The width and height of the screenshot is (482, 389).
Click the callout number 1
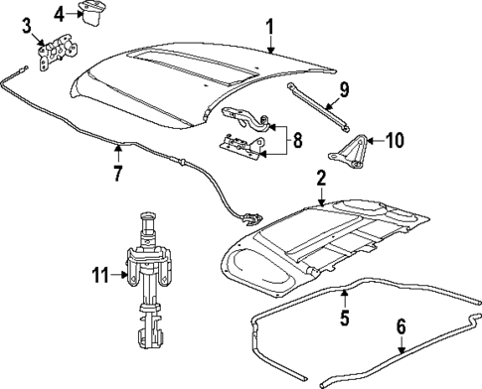tap(268, 24)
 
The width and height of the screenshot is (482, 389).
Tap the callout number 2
tap(320, 179)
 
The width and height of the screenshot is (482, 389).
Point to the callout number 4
tap(60, 12)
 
